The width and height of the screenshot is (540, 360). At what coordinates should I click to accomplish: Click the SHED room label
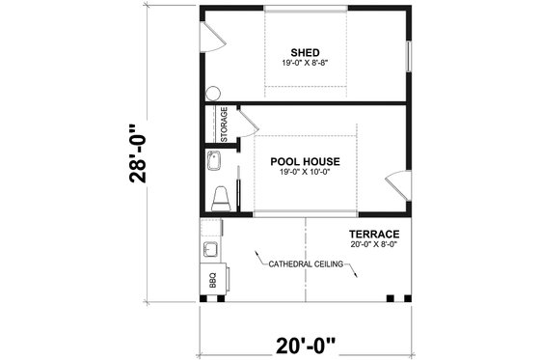[306, 51]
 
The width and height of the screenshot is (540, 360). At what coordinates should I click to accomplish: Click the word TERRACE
[375, 234]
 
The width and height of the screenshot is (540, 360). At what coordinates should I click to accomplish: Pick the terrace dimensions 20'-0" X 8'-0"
[375, 244]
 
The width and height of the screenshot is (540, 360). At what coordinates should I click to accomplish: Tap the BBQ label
[212, 281]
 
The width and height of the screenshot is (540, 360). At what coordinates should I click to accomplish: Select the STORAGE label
[224, 123]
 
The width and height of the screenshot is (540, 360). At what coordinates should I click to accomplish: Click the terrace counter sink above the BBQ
[210, 250]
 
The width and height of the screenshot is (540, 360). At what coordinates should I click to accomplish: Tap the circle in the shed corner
[212, 94]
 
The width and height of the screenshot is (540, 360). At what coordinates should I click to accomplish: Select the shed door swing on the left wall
[214, 37]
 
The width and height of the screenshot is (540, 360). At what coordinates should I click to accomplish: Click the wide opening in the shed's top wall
[306, 12]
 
